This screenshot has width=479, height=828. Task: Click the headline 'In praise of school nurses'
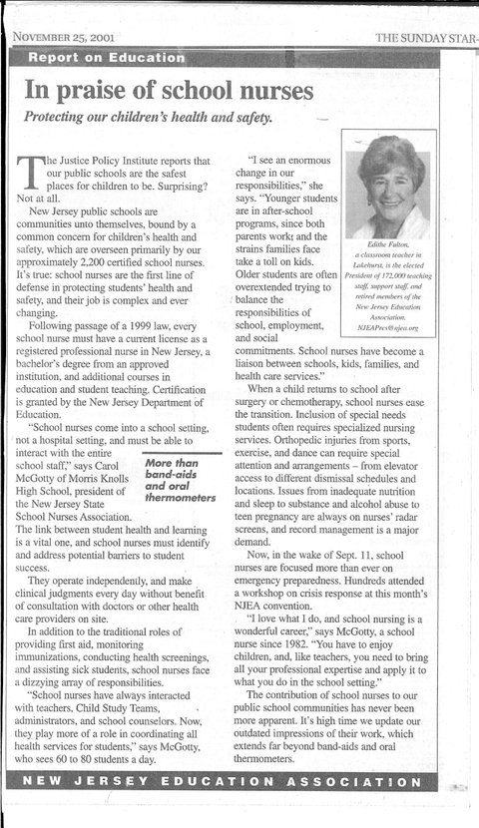click(170, 92)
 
